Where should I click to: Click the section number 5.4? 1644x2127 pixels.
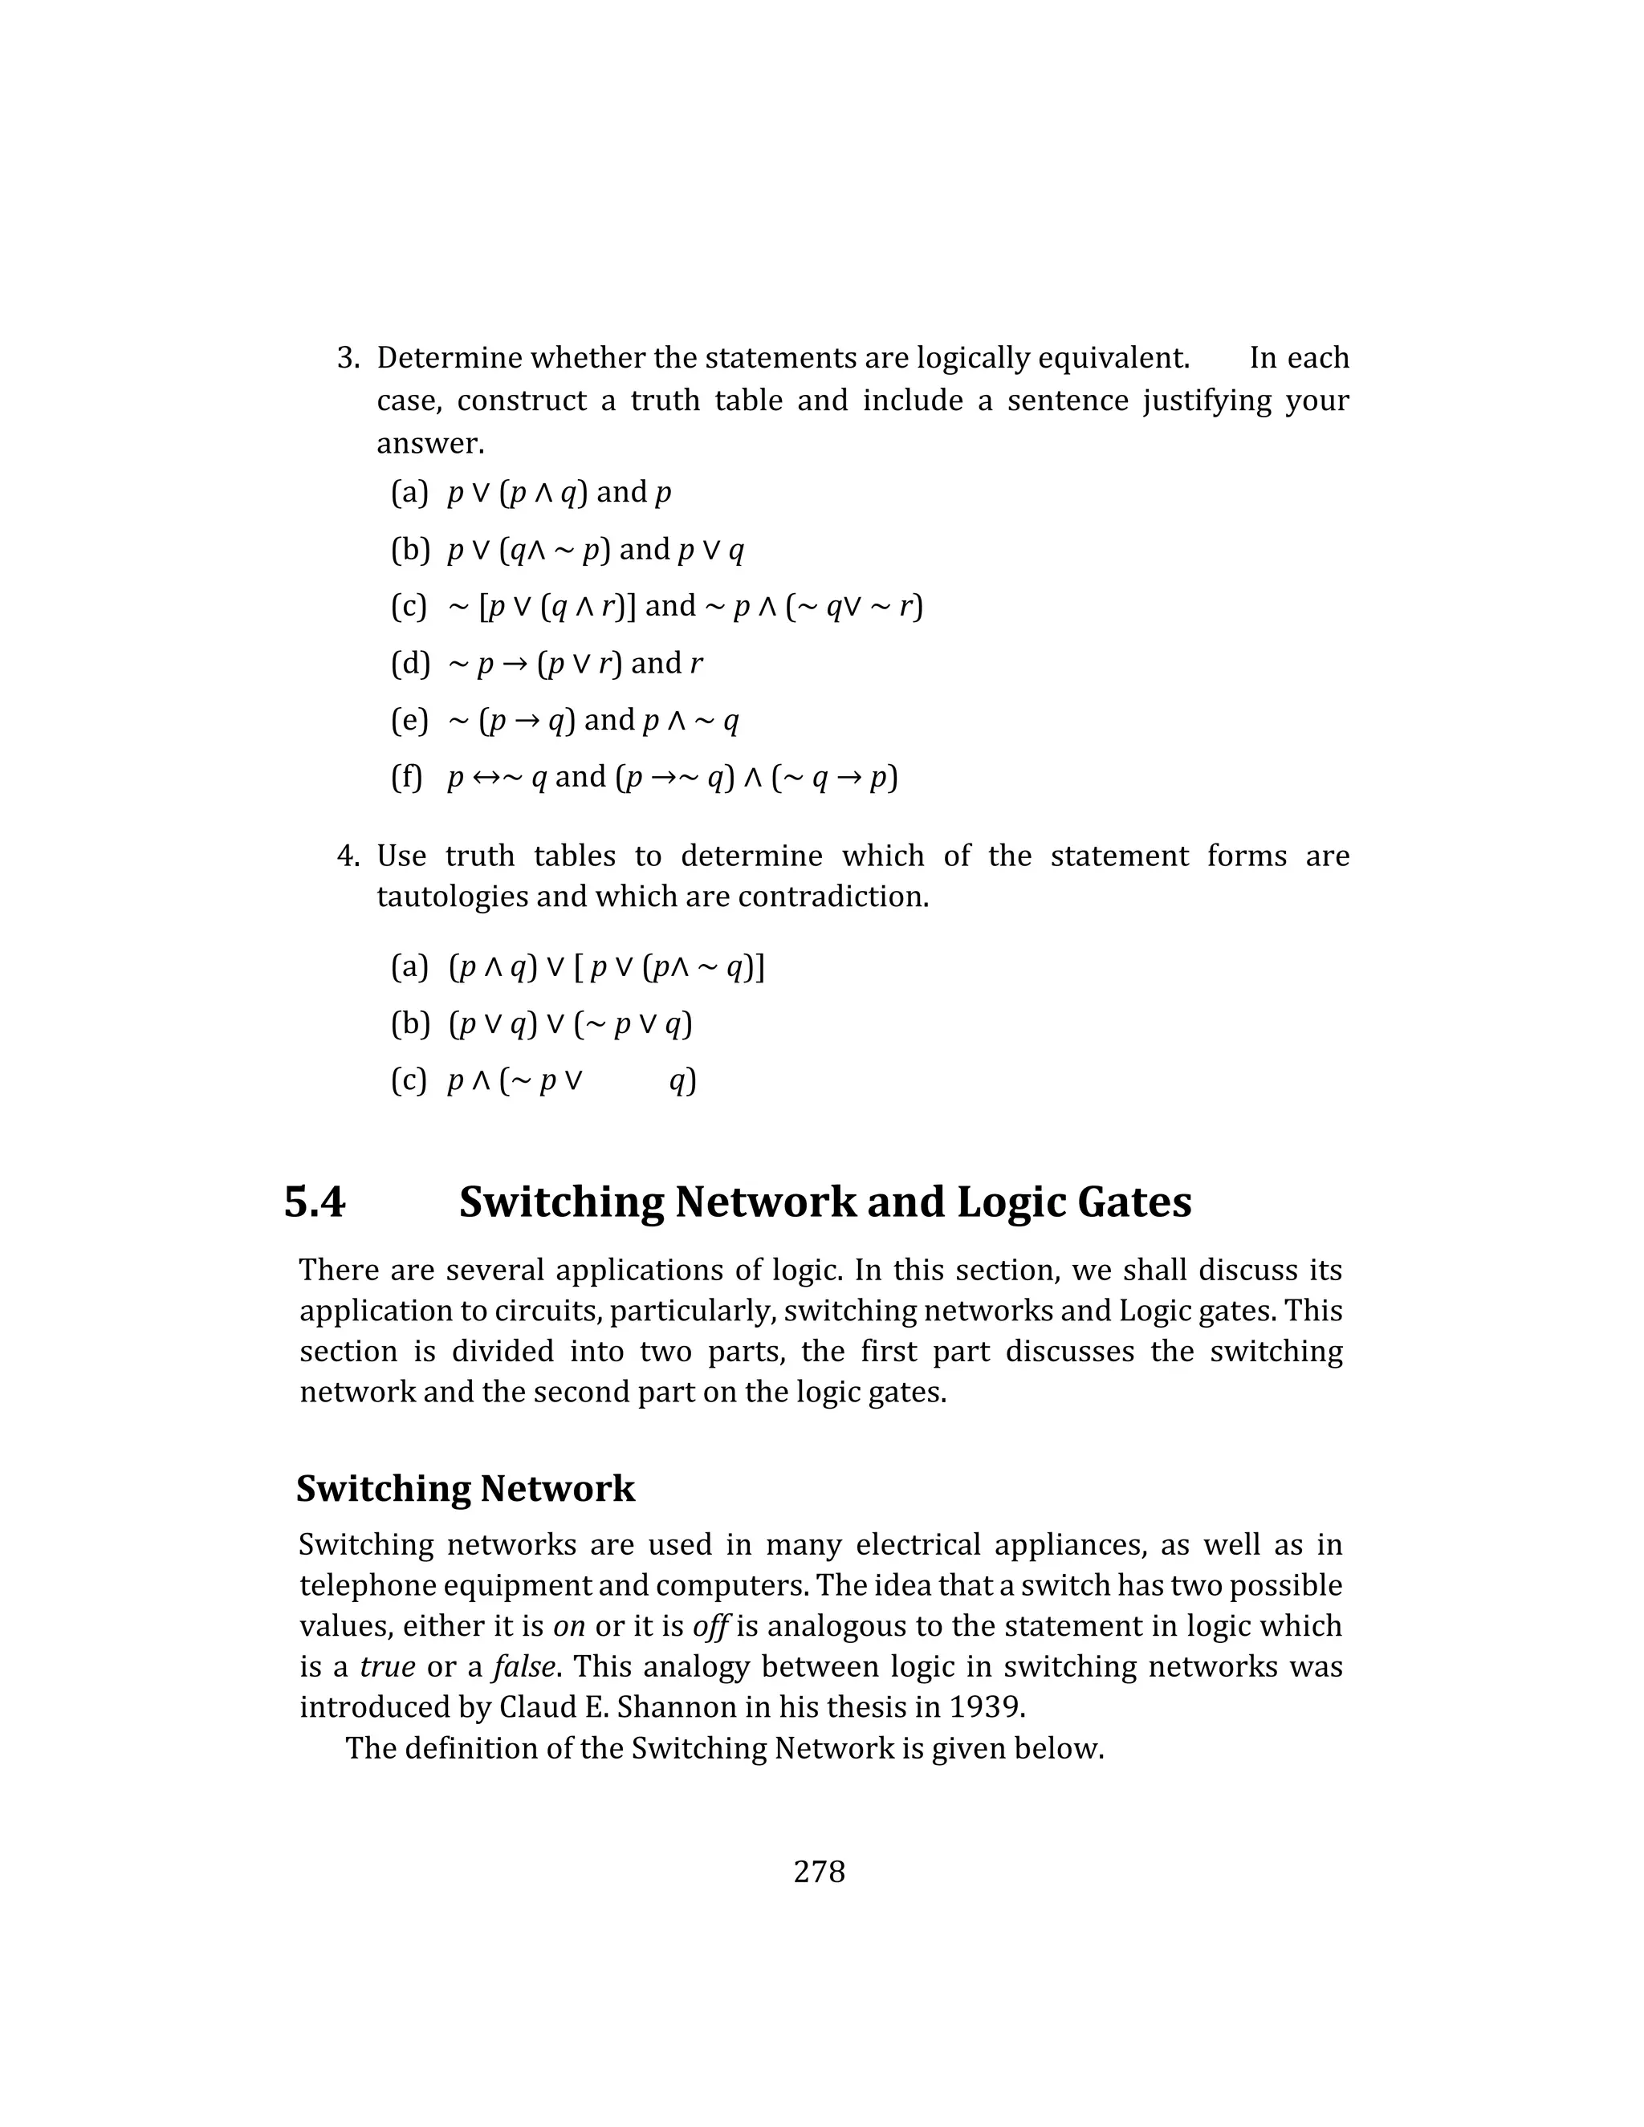click(314, 1202)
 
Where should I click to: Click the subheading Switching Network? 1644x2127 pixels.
click(466, 1488)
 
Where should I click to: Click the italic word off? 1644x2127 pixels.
click(711, 1625)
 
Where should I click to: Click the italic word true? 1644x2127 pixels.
click(388, 1666)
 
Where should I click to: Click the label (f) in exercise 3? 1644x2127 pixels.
click(407, 777)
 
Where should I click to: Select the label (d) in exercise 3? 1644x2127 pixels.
click(410, 663)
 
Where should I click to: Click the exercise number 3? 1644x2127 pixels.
click(348, 359)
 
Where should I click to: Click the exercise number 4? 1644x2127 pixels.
click(348, 856)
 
